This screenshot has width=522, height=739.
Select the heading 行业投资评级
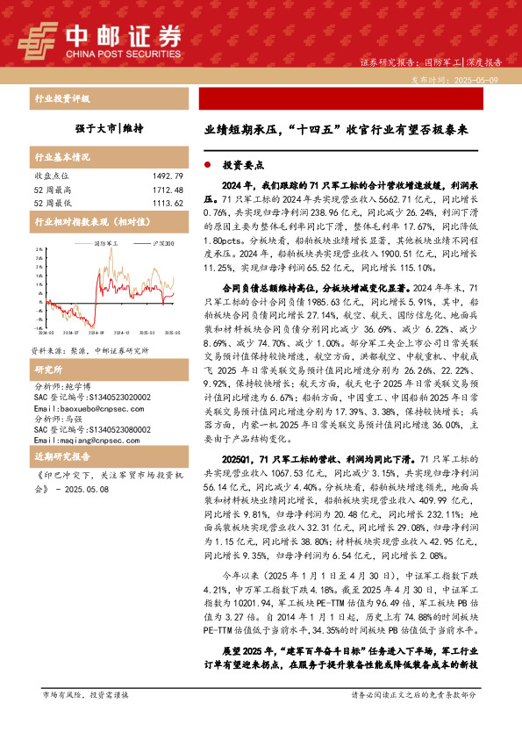[x=61, y=99]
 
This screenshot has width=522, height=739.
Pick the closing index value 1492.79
[x=166, y=176]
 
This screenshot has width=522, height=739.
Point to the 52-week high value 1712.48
[x=166, y=190]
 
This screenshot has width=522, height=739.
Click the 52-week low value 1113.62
[x=166, y=203]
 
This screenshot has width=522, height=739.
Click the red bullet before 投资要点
[x=207, y=164]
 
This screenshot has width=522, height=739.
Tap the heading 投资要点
[x=238, y=164]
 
